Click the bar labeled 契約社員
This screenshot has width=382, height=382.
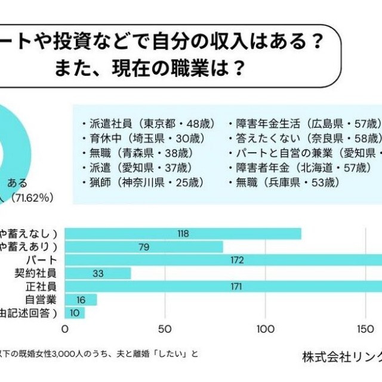point(98,273)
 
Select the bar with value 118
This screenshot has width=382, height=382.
point(183,233)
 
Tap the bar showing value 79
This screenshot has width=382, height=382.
point(143,247)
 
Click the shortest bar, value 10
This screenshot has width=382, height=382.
point(75,313)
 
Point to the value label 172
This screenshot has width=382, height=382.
point(236,260)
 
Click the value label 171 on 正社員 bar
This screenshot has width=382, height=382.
point(236,286)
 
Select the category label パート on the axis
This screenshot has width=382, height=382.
point(41,260)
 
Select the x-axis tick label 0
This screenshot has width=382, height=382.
point(64,328)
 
